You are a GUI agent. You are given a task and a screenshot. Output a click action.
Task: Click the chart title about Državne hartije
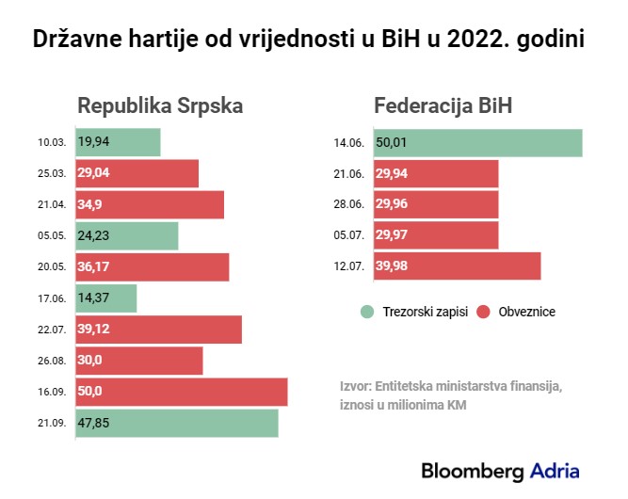[314, 40]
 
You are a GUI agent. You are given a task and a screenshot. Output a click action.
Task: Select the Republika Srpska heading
[160, 105]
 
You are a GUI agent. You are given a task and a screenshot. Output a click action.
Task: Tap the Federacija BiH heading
[443, 105]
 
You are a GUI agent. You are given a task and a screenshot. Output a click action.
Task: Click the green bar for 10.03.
[118, 142]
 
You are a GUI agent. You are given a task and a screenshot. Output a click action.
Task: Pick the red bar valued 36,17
[153, 266]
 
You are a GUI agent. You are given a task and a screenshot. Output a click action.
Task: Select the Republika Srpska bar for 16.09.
[182, 392]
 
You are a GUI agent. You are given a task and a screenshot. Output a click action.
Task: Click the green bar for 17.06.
[106, 298]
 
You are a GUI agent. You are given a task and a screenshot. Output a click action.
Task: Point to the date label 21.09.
[52, 424]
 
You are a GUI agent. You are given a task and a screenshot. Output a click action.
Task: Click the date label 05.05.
[52, 236]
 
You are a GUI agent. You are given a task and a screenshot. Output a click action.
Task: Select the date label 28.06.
[349, 205]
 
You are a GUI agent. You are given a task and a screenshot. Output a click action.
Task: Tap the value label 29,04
[95, 174]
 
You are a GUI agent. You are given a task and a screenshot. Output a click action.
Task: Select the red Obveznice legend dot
[486, 312]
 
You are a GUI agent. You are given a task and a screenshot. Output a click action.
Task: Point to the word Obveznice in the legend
[525, 312]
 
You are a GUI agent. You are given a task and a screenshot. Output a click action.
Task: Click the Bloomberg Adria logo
[500, 470]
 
